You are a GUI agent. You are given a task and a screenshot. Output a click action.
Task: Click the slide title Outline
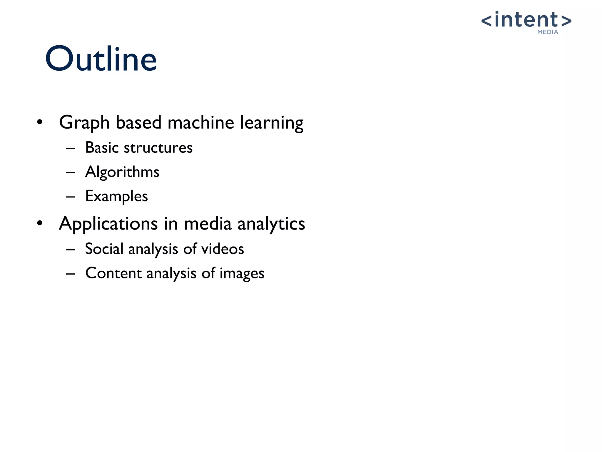[x=101, y=59]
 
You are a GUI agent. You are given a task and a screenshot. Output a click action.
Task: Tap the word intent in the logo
[x=526, y=20]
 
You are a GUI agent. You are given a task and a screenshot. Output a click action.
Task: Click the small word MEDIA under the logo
[x=548, y=32]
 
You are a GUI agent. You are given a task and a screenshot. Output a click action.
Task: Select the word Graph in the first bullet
[x=84, y=123]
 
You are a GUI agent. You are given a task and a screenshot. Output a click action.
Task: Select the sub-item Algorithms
[x=122, y=172]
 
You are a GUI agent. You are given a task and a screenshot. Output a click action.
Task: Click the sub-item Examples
[x=116, y=196]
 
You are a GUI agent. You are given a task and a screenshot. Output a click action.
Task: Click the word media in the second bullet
[x=208, y=224]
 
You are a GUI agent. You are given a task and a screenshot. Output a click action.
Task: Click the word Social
[x=104, y=249]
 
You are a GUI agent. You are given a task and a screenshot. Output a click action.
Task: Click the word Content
[x=113, y=273]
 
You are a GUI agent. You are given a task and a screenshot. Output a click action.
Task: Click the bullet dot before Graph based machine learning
[x=40, y=122]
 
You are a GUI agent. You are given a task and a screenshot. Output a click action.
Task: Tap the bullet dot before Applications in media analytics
[x=40, y=223]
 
